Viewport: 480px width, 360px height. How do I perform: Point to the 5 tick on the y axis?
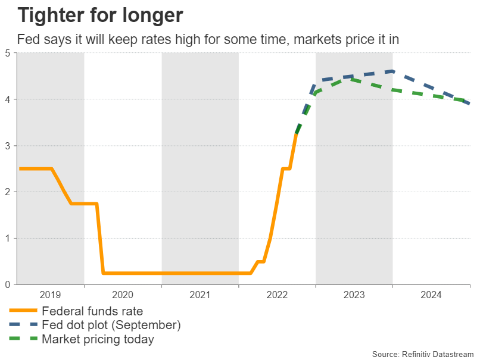tap(8, 53)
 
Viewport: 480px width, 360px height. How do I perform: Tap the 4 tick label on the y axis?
tap(8, 99)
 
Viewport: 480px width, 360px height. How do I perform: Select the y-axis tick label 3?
tap(8, 146)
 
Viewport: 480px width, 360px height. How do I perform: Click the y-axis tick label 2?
tap(8, 192)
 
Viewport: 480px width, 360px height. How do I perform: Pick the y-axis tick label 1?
tap(8, 239)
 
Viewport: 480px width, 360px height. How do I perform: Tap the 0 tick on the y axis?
tap(8, 285)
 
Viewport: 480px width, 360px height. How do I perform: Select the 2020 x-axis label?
tap(123, 294)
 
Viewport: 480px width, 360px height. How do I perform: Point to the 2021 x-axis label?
tap(200, 294)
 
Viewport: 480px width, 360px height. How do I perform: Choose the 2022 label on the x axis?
tap(277, 294)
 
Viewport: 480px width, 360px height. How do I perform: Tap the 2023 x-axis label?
tap(354, 294)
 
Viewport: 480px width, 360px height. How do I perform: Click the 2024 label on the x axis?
tap(431, 294)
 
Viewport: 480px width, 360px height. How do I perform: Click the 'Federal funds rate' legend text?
tap(92, 311)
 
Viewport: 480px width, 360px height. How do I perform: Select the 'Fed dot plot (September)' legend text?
tap(111, 325)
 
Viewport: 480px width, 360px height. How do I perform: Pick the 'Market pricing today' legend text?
tap(98, 339)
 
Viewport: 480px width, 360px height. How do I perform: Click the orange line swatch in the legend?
tap(23, 311)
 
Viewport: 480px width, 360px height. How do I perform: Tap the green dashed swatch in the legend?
tap(23, 339)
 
